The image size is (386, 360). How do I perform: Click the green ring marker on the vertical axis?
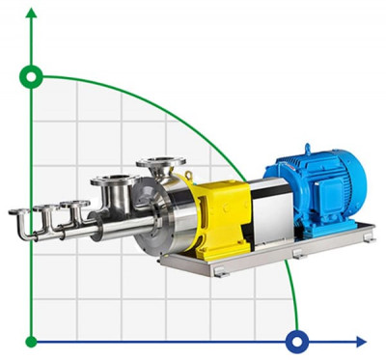(32, 76)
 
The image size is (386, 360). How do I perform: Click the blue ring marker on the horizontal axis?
(297, 341)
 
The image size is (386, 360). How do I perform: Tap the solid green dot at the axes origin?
(32, 341)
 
